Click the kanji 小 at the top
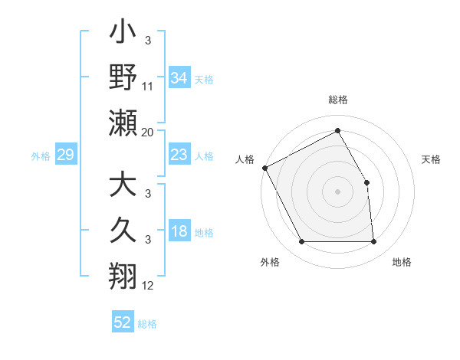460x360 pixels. (x=123, y=34)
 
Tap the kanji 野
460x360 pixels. (x=123, y=77)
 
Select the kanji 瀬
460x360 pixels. (x=123, y=123)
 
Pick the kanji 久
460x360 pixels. (x=123, y=231)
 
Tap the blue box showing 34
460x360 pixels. (x=179, y=77)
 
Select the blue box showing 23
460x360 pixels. (x=179, y=155)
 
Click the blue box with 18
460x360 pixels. (x=179, y=232)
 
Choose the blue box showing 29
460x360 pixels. (x=65, y=155)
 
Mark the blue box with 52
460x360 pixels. (x=123, y=322)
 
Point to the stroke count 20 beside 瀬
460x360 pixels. (x=148, y=133)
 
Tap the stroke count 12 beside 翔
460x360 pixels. (x=148, y=286)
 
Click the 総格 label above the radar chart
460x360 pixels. (x=337, y=100)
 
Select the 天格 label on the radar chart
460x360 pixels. (x=431, y=159)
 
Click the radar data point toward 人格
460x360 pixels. (x=264, y=167)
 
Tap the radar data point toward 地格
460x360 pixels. (x=373, y=242)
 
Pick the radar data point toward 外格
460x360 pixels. (x=301, y=242)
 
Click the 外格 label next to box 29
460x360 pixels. (x=41, y=156)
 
